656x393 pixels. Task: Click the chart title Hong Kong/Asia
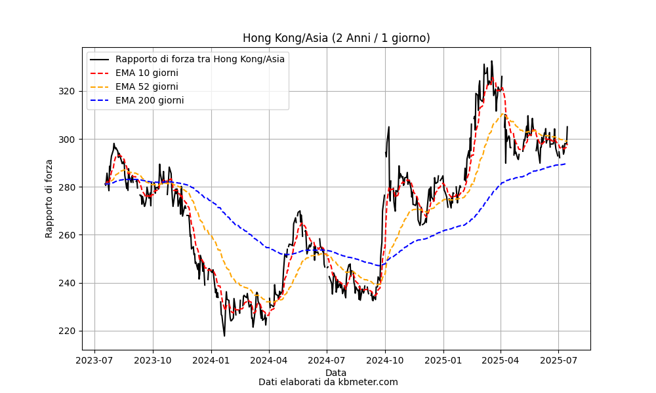pyautogui.click(x=336, y=38)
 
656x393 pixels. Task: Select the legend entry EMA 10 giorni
pyautogui.click(x=146, y=73)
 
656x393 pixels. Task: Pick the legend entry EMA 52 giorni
pyautogui.click(x=146, y=86)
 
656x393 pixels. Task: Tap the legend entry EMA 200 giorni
pyautogui.click(x=149, y=100)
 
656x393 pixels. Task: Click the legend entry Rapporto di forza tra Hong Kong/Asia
pyautogui.click(x=199, y=59)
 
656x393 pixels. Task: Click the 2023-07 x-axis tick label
pyautogui.click(x=95, y=360)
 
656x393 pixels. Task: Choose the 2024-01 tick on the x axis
pyautogui.click(x=211, y=360)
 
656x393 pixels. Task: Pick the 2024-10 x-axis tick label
pyautogui.click(x=385, y=360)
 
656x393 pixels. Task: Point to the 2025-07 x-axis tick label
pyautogui.click(x=558, y=360)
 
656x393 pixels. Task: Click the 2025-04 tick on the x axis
pyautogui.click(x=501, y=360)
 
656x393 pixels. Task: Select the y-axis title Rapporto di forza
pyautogui.click(x=49, y=198)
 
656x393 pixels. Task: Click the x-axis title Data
pyautogui.click(x=336, y=373)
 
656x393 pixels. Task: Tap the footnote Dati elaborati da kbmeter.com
pyautogui.click(x=328, y=382)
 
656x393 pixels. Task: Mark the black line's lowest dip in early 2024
pyautogui.click(x=224, y=336)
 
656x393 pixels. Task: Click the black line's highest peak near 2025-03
pyautogui.click(x=491, y=61)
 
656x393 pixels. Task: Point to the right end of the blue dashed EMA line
pyautogui.click(x=565, y=164)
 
